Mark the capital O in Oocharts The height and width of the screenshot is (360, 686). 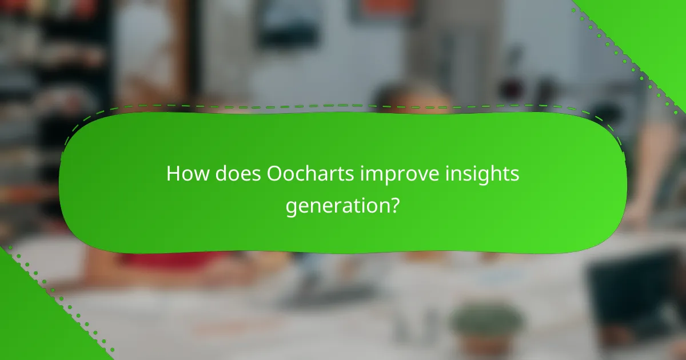(274, 174)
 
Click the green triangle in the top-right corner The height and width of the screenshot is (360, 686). (652, 29)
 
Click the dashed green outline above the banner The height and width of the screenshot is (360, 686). (343, 106)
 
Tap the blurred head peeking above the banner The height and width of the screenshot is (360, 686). (412, 97)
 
